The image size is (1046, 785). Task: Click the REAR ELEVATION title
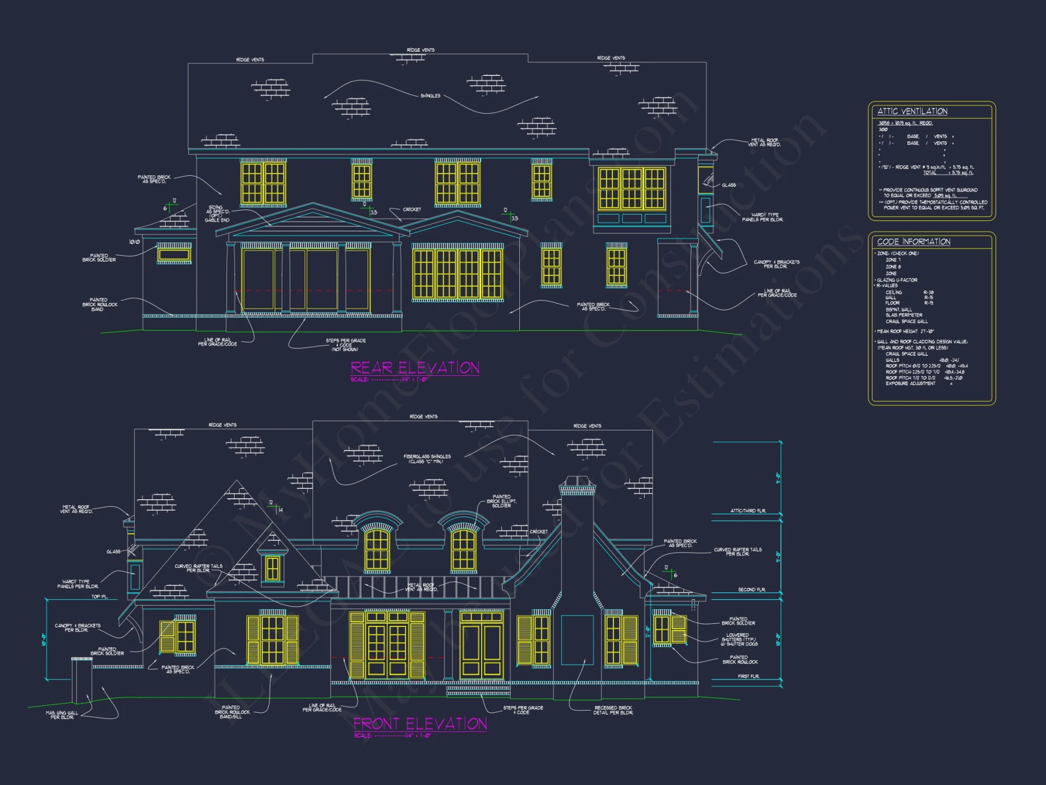[415, 368]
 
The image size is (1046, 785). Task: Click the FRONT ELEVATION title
[420, 724]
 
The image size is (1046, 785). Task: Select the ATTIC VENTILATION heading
[912, 111]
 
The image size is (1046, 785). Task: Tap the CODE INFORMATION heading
[914, 242]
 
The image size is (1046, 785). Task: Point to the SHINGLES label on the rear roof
[430, 96]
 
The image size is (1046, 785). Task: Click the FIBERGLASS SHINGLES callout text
[427, 459]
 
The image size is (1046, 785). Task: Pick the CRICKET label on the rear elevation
[412, 209]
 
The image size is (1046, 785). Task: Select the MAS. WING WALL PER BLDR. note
[62, 715]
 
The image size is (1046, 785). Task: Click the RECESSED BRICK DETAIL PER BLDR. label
[613, 710]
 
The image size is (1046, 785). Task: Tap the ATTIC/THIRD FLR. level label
[748, 511]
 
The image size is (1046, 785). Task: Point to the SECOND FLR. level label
[752, 590]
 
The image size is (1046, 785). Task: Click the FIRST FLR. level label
[748, 677]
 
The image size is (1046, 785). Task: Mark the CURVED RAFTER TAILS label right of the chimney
[737, 552]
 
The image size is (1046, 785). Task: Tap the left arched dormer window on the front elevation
[377, 549]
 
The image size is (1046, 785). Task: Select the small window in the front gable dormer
[272, 568]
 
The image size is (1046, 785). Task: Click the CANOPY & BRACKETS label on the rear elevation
[776, 264]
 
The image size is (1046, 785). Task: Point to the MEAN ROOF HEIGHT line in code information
[905, 331]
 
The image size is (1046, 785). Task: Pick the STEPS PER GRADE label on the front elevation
[523, 710]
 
